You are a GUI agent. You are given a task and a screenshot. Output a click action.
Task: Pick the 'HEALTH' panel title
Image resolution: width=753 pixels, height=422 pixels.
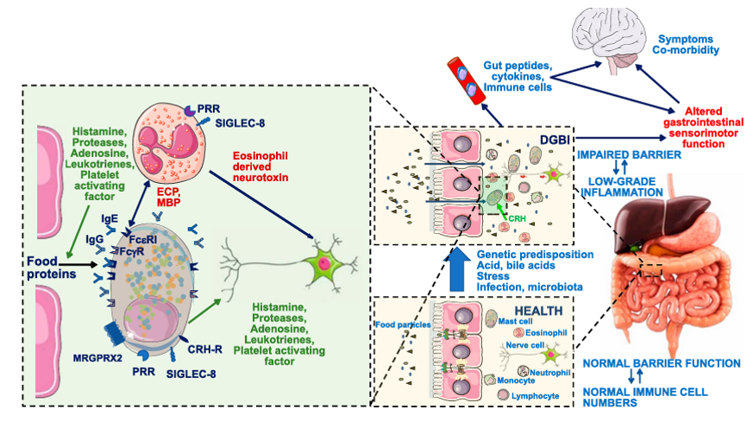538,310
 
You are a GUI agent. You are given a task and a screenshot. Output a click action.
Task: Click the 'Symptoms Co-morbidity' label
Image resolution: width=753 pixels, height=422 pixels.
687,45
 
